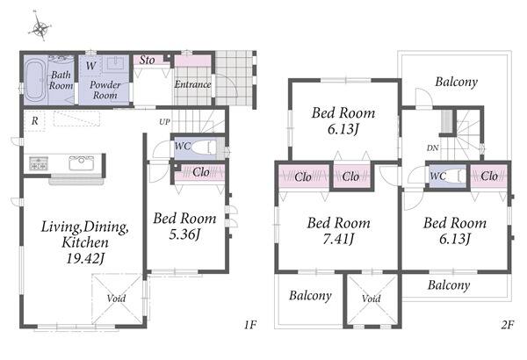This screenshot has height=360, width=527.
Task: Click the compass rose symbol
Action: click(x=40, y=27)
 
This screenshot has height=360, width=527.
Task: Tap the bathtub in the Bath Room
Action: click(x=34, y=80)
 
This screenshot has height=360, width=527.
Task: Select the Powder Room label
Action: click(x=105, y=90)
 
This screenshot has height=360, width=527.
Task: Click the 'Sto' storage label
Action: click(x=147, y=61)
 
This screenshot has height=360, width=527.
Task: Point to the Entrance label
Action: click(x=192, y=84)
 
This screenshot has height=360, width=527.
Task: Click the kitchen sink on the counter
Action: click(x=82, y=163)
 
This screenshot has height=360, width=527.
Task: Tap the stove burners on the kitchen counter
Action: click(x=38, y=163)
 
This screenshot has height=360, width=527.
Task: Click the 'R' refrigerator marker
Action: click(x=34, y=120)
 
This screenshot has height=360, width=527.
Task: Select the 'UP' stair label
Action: click(x=164, y=122)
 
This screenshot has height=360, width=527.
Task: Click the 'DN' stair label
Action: click(x=432, y=148)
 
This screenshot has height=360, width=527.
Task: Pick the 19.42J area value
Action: click(x=85, y=258)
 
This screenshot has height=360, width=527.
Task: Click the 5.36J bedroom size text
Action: click(x=184, y=234)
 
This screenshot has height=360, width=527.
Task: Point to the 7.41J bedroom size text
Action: click(x=338, y=239)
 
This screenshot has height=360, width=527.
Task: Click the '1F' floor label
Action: click(x=250, y=325)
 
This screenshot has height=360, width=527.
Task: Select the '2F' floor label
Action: click(x=507, y=325)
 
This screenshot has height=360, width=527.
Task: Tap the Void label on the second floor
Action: click(x=372, y=299)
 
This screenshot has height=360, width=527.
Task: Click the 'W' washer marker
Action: click(x=90, y=66)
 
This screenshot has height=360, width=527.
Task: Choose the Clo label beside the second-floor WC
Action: click(x=489, y=176)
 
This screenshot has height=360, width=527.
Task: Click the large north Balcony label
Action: click(x=456, y=82)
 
